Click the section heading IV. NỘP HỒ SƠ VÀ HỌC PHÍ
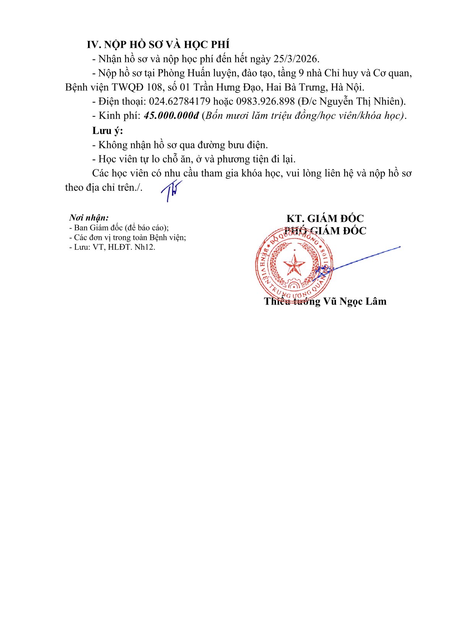(158, 45)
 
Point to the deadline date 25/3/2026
(296, 59)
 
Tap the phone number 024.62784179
(180, 101)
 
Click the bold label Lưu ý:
(107, 130)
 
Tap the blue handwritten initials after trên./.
(171, 190)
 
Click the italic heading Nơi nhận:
(89, 218)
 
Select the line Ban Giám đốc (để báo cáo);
(119, 228)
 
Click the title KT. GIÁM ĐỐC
(325, 218)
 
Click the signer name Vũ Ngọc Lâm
(355, 301)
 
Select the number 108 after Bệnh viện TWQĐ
(154, 87)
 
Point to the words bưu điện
(248, 145)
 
